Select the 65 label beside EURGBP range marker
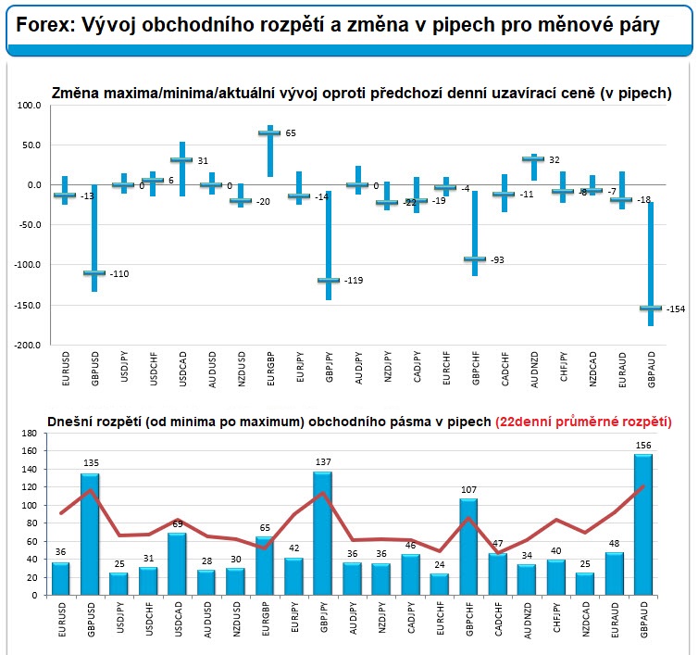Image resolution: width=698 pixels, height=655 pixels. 291,133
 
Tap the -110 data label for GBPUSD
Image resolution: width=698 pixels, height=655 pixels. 119,273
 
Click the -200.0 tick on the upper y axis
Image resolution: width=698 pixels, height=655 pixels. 28,345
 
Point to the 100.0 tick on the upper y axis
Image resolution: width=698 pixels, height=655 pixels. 30,106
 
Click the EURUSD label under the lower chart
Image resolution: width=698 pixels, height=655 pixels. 62,619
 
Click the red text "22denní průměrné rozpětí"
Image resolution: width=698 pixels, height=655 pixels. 583,422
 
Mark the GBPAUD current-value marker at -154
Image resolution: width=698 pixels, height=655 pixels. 650,308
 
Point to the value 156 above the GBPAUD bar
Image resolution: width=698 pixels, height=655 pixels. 643,445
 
